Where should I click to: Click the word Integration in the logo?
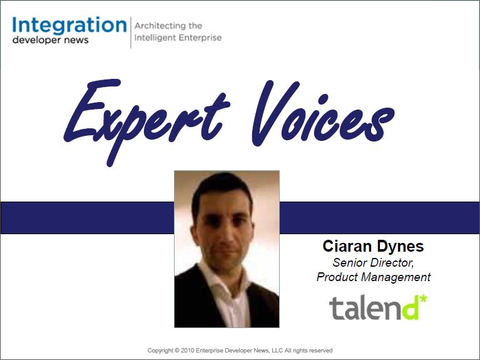pyautogui.click(x=69, y=26)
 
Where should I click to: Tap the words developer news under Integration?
pyautogui.click(x=51, y=40)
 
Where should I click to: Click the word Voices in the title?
pyautogui.click(x=323, y=113)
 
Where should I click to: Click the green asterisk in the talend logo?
pyautogui.click(x=423, y=299)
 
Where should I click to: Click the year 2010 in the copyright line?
pyautogui.click(x=187, y=350)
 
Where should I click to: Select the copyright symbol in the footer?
pyautogui.click(x=177, y=350)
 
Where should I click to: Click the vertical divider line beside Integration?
pyautogui.click(x=131, y=33)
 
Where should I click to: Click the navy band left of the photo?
pyautogui.click(x=87, y=218)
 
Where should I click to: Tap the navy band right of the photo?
pyautogui.click(x=380, y=218)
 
